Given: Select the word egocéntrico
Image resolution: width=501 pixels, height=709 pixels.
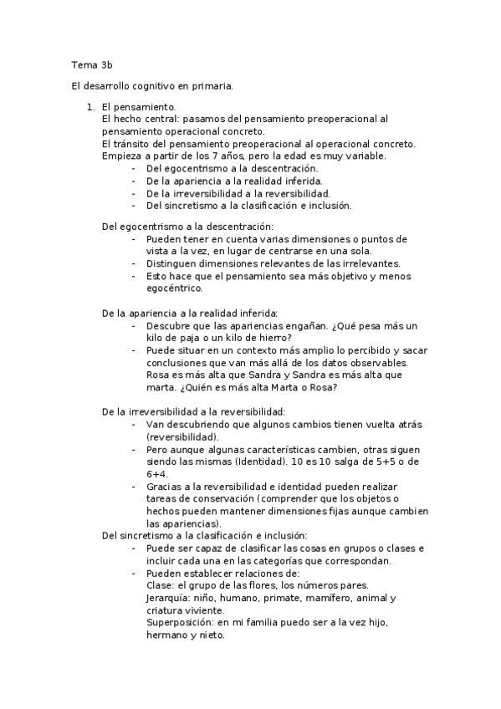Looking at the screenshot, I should click(x=174, y=288).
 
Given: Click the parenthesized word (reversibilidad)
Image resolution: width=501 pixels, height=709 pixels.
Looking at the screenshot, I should click(x=183, y=436).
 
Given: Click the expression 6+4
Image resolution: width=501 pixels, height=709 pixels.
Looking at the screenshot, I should click(x=156, y=473).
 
